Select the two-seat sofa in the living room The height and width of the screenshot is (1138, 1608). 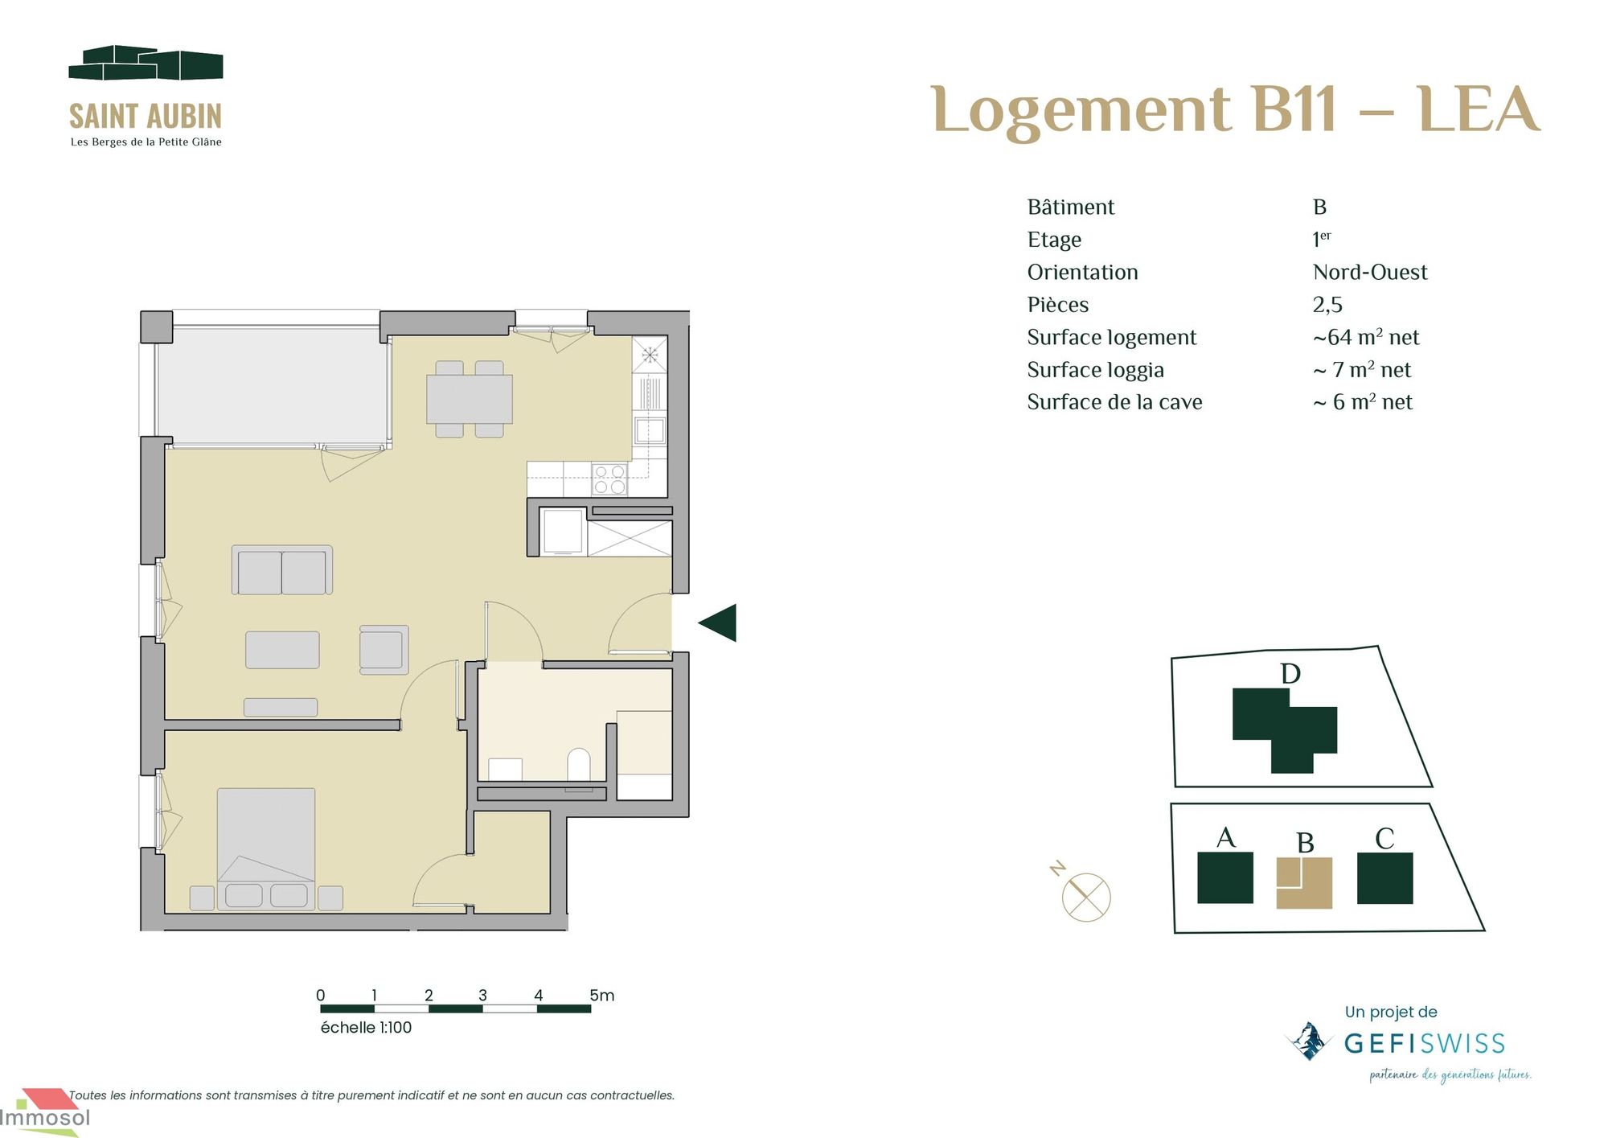point(282,570)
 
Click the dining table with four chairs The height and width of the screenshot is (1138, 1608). point(470,399)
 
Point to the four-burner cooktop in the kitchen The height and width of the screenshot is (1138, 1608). point(609,479)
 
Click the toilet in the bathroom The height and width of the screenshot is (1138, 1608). point(579,765)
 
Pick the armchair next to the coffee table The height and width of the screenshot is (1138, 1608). point(384,649)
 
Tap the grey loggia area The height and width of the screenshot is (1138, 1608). point(272,384)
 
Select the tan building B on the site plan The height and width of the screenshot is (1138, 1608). point(1304,882)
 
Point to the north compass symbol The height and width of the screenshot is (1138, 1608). point(1085,895)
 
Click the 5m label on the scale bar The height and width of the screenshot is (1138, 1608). point(601,995)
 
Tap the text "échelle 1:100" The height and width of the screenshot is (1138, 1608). point(366,1027)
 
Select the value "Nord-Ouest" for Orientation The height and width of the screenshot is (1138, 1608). point(1369,272)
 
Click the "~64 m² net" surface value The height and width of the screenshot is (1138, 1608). point(1365,337)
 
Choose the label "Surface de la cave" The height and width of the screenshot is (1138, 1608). point(1114,402)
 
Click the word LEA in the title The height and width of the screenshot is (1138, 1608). point(1478,109)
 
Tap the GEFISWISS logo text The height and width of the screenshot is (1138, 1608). point(1424,1044)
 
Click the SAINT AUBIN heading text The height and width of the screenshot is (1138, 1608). point(146,117)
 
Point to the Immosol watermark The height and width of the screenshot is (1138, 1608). point(45,1117)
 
